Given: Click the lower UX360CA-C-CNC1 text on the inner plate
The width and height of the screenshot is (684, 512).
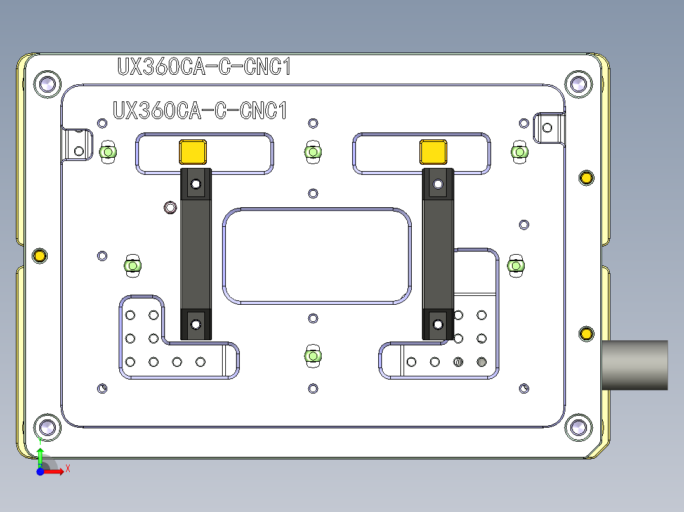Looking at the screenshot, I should point(200,111).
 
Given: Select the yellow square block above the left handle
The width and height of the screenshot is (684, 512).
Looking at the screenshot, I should point(194,152).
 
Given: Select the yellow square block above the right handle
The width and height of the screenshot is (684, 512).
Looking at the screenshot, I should point(433,152).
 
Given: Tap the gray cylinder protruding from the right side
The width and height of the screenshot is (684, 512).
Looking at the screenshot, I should point(635,365).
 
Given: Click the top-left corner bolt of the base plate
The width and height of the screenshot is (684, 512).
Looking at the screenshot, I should point(47,84).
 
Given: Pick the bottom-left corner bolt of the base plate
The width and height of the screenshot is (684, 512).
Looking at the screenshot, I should point(47,426).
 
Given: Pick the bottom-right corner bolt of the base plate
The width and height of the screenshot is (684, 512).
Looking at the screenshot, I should point(577,426).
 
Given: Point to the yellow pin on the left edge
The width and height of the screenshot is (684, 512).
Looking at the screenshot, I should point(40,255).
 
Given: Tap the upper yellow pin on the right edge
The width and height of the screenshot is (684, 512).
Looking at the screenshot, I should point(586,177).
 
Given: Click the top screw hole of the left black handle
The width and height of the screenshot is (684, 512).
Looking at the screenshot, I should point(196,184).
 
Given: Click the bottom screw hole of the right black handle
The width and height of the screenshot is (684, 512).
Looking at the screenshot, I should point(437,324).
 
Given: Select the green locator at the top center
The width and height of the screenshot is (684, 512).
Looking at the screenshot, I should point(312,151).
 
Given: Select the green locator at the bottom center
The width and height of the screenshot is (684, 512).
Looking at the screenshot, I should point(312,356).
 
